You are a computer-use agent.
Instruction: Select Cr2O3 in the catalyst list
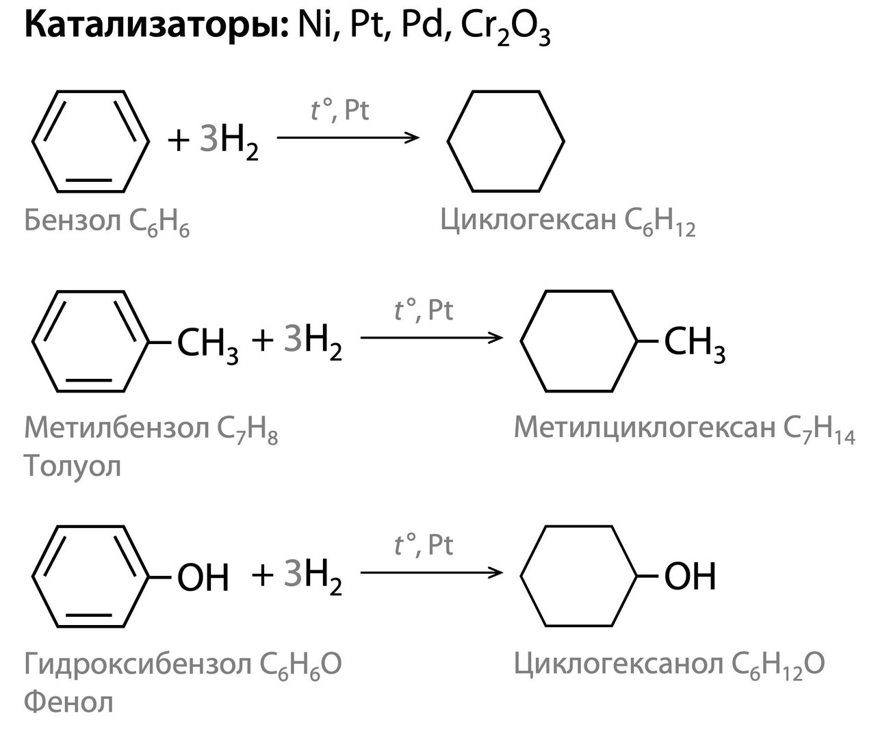pos(505,29)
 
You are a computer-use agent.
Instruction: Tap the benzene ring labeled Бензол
pos(90,141)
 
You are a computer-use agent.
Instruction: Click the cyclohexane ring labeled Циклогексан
pos(506,141)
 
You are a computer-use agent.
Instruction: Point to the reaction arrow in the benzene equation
pos(348,137)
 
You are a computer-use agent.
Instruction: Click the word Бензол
pos(72,220)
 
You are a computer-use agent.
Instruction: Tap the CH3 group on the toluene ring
pos(207,343)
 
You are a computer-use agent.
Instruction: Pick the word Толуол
pos(73,466)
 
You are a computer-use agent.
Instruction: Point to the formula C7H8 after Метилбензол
pos(247,429)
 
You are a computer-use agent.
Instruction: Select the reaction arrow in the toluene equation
pos(431,337)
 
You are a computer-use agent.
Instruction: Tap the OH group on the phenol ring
pos(203,577)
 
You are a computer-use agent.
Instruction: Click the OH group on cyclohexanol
pos(690,576)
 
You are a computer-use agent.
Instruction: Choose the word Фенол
pos(68,702)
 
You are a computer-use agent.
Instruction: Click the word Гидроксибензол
pos(138,663)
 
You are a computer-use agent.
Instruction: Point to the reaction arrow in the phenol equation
pos(431,572)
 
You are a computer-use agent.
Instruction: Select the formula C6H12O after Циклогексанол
pos(778,665)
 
